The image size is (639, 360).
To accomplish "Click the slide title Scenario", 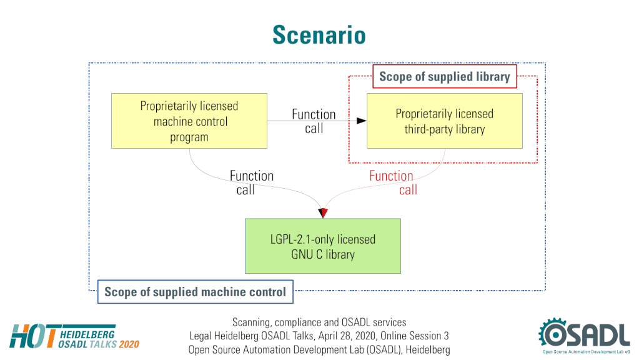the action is coord(319,34).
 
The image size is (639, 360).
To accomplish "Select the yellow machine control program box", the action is coord(189,121).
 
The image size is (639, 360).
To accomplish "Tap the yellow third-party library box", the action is coord(445,121).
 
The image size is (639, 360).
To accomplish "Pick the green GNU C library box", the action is coord(323,246).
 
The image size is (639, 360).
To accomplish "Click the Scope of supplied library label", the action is coord(445,77).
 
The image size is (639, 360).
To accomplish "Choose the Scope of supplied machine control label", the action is coord(196,292).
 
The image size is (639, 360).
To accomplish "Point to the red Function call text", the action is coord(393,182).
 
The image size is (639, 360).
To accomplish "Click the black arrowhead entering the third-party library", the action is coord(362,121).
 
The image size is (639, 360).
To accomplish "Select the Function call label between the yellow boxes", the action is coord(314,121).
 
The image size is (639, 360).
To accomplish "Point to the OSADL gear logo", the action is coord(584,335).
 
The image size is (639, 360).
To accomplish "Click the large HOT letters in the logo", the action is coord(33,336).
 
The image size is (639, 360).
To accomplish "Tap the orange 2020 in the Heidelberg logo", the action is coord(129,344).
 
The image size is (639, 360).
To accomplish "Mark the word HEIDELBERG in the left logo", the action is coord(87,335).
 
